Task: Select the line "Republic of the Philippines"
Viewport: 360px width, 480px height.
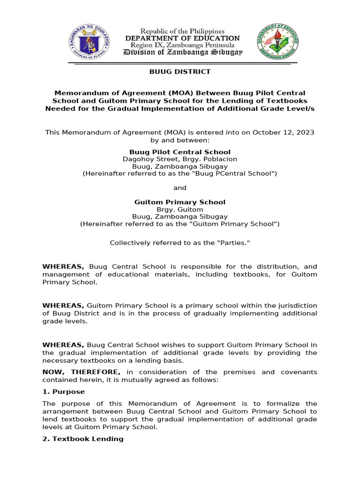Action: coord(182,31)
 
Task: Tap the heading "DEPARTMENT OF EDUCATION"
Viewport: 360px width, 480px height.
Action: coord(182,38)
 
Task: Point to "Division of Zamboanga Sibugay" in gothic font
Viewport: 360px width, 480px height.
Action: coord(182,52)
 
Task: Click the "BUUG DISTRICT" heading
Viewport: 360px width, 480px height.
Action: coord(180,72)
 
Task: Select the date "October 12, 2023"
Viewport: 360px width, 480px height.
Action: coord(283,133)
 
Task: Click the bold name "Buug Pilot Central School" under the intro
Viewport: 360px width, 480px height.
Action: coord(180,152)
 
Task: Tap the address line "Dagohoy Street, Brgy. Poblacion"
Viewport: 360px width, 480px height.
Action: coord(180,159)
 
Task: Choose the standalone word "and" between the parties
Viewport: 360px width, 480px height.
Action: coord(180,188)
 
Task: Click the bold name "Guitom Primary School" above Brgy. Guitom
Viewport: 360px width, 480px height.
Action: coord(180,202)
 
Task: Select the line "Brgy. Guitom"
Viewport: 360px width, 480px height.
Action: coord(180,210)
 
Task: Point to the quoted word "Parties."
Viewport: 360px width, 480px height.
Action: coord(232,243)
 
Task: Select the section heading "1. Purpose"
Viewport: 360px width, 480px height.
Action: coord(63,391)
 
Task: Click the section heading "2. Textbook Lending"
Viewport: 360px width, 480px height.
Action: coord(83,439)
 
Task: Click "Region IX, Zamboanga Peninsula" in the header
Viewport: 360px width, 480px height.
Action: coord(182,45)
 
